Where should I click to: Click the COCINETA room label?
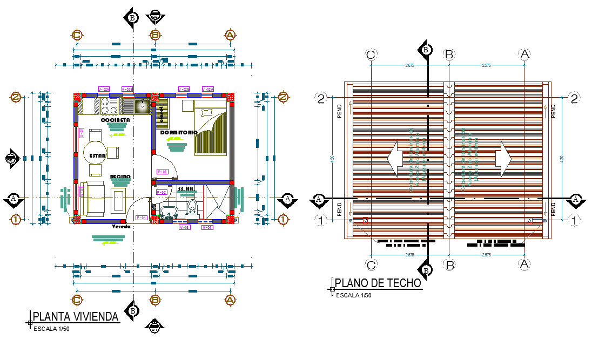pos(115,120)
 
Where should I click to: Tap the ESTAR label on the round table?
pos(98,155)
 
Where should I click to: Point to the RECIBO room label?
pos(120,176)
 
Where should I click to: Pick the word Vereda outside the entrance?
pos(121,227)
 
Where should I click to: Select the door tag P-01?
pos(142,218)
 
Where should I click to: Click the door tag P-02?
pos(161,192)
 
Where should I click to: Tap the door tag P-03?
pos(162,172)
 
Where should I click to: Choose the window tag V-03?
pos(184,228)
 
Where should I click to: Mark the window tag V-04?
pos(207,228)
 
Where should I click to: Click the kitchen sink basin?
pos(142,106)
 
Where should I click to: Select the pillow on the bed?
pos(205,113)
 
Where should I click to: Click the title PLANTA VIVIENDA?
pos(76,317)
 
